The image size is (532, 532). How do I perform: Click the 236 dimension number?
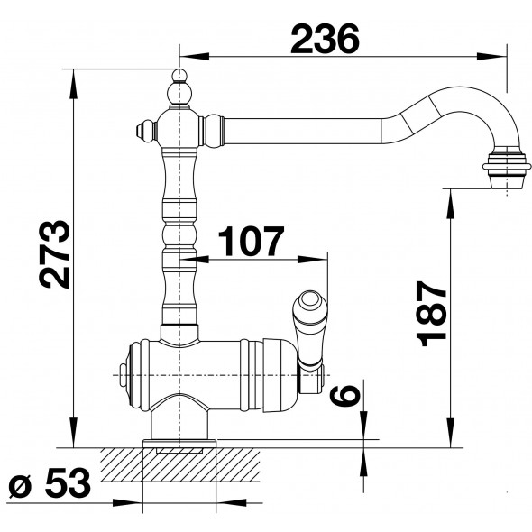pyautogui.click(x=325, y=39)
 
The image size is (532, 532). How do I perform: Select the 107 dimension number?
pyautogui.click(x=251, y=241)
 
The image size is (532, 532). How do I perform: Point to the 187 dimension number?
pyautogui.click(x=431, y=313)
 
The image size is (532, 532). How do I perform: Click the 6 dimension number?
pyautogui.click(x=344, y=396)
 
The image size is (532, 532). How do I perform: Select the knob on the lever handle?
pyautogui.click(x=310, y=303)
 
